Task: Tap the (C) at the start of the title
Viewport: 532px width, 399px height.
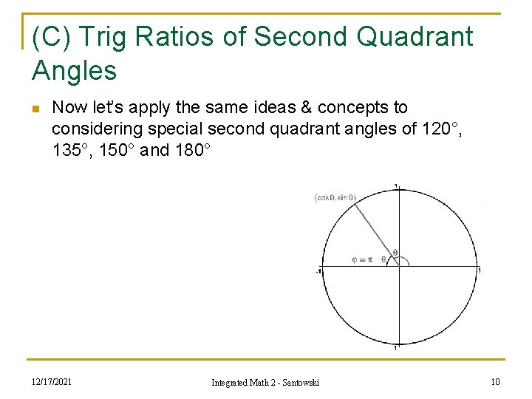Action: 52,36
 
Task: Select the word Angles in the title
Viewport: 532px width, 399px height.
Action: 75,71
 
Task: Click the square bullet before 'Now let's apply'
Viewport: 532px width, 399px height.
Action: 35,109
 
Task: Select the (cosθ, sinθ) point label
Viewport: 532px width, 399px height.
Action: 335,197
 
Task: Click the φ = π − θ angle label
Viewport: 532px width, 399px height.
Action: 372,259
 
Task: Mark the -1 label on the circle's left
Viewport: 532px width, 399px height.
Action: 318,271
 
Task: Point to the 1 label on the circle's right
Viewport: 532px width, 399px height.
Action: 479,270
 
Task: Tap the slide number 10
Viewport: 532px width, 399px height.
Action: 494,381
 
